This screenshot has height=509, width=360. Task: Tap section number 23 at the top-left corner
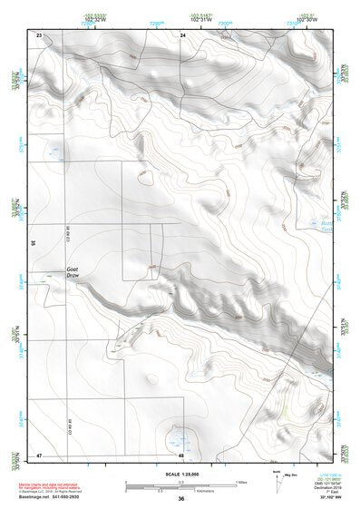pos(39,34)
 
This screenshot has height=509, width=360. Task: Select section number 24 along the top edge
pos(182,34)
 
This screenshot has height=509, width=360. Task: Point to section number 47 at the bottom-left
pos(39,454)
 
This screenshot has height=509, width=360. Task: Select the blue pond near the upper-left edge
pos(54,152)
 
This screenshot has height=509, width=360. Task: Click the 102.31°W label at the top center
pos(200,19)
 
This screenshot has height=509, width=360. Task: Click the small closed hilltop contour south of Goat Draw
pos(151,377)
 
